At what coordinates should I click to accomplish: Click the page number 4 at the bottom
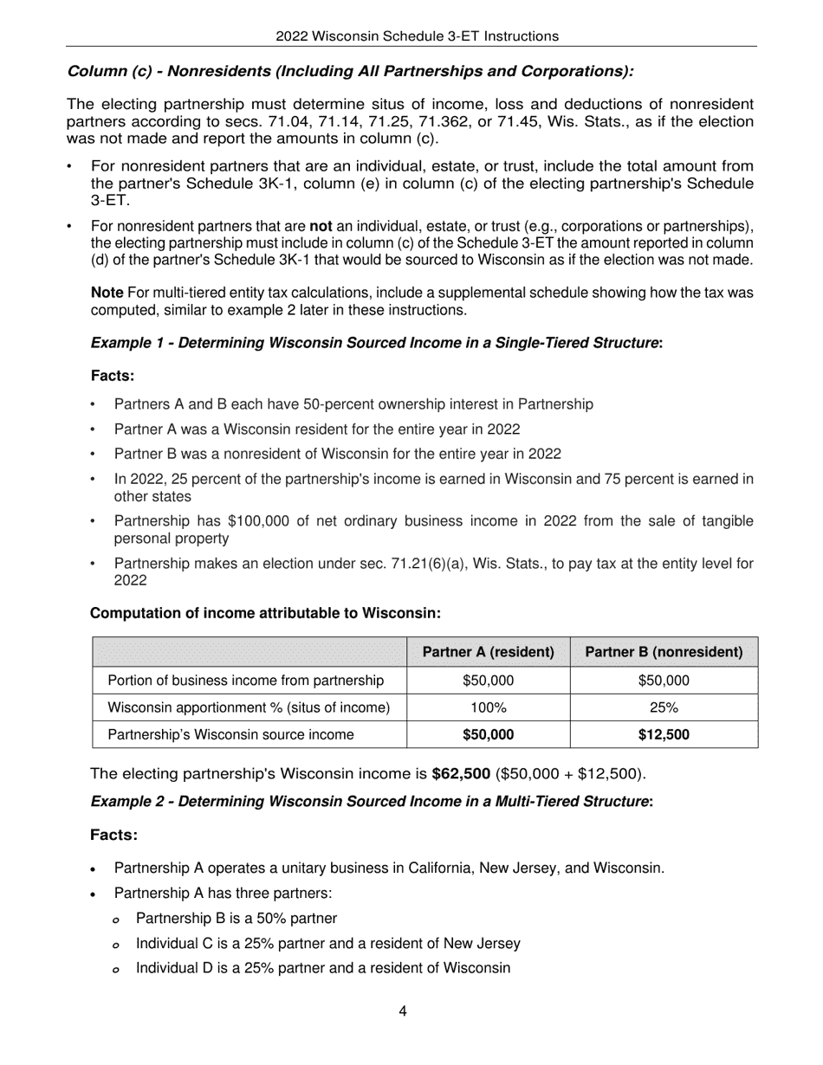pos(403,1010)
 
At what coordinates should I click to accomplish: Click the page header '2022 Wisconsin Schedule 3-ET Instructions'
pos(417,35)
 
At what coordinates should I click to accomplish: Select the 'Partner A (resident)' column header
pos(488,652)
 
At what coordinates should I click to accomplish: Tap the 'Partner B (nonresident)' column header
pos(664,652)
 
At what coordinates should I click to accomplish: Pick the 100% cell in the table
pos(488,707)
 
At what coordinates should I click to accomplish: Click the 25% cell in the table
pos(664,707)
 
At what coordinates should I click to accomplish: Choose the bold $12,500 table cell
pos(664,735)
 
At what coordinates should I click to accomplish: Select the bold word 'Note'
pos(107,293)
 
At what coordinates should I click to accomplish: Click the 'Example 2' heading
pos(372,802)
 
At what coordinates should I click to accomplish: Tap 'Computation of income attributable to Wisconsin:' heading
pos(266,613)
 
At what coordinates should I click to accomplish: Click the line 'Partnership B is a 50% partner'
pos(237,918)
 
